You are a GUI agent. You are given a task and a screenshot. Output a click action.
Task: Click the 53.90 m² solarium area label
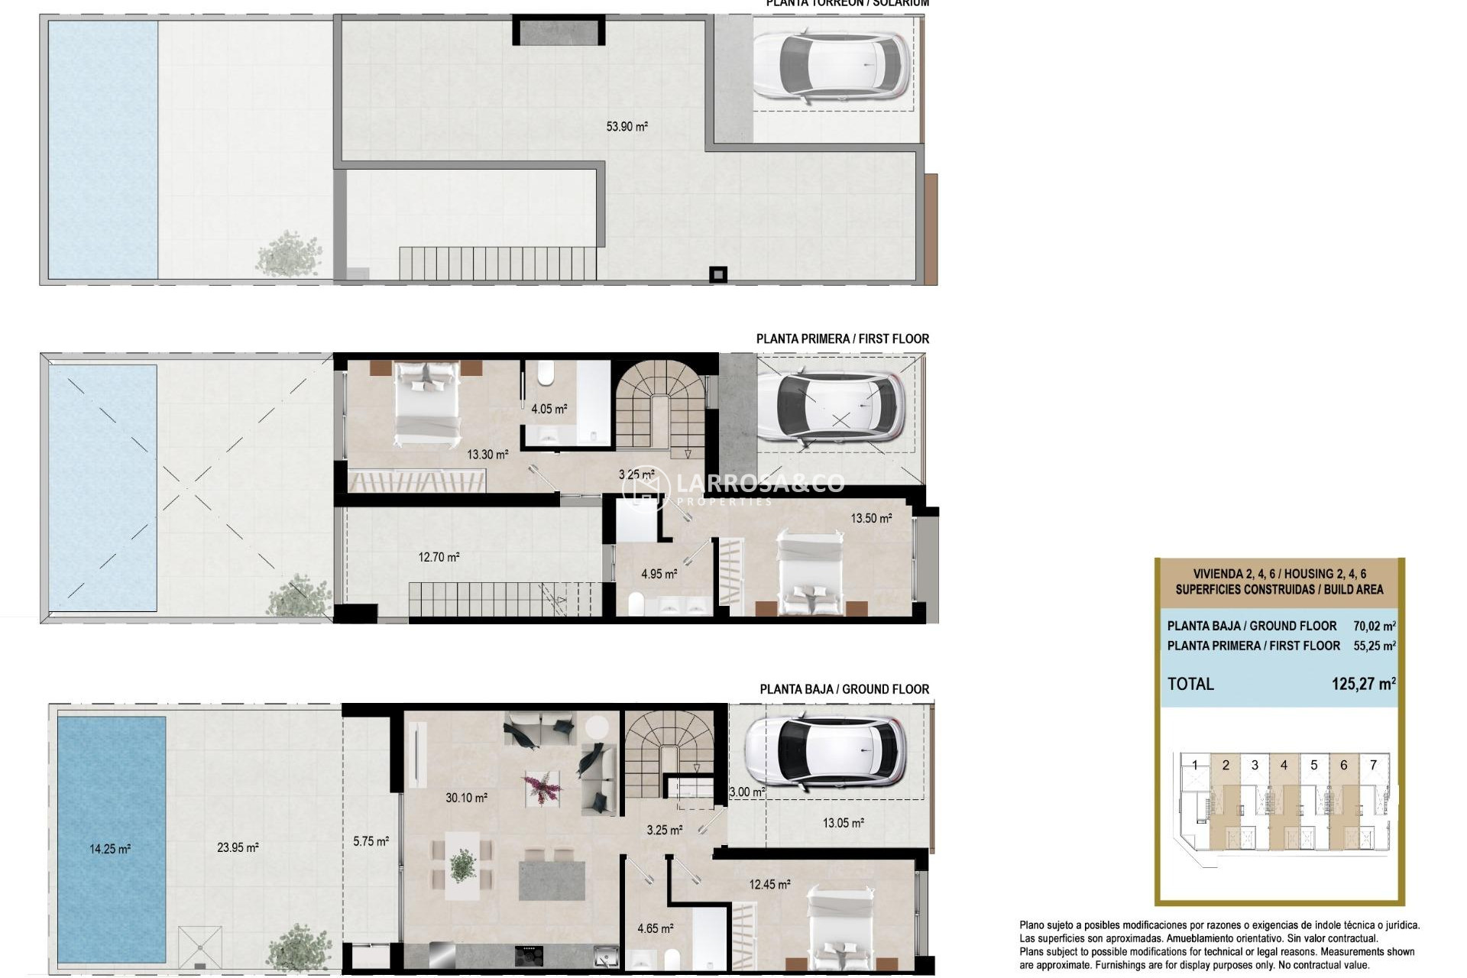pos(627,126)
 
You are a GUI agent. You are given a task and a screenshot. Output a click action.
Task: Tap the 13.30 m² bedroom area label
pos(487,455)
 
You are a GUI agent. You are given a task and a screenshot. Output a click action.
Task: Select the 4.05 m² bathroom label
pos(549,409)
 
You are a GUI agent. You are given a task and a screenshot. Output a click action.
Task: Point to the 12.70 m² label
pos(439,557)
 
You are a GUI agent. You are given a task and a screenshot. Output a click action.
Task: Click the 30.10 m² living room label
pos(466,798)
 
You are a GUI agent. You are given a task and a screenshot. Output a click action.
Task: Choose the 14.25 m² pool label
pos(110,849)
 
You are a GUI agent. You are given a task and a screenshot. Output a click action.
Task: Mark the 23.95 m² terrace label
pos(238,847)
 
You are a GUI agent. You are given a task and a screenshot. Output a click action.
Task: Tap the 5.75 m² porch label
pos(371,841)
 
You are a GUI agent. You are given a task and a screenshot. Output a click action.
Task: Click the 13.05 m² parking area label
pos(843,823)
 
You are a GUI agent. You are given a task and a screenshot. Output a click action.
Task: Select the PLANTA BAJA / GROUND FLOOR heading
pos(844,689)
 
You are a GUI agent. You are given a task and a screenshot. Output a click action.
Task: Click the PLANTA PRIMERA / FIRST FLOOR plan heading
pos(842,338)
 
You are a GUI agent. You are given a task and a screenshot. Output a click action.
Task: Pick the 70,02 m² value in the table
pos(1374,626)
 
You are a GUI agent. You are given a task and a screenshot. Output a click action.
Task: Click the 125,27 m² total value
pos(1363,684)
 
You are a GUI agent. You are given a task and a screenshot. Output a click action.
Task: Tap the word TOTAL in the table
pos(1190,684)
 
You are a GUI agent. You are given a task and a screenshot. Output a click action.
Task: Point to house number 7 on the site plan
pos(1373,765)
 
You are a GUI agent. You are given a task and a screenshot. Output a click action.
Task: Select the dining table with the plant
pos(462,866)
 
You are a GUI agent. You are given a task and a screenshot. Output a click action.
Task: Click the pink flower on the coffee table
pos(542,787)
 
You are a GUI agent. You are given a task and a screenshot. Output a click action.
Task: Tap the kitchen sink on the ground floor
pos(607,954)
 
